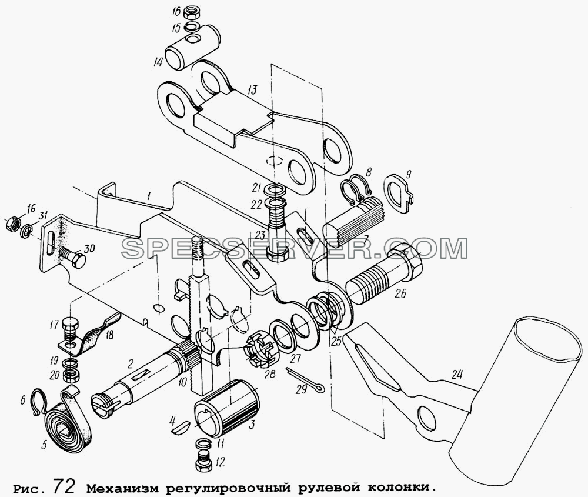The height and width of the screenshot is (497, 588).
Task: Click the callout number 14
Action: tap(158, 62)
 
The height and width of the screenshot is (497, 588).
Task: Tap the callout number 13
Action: tap(252, 89)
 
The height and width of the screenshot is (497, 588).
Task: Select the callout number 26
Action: tap(399, 293)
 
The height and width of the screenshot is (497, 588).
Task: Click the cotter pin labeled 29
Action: tap(305, 381)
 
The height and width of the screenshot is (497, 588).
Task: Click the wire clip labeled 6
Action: tap(38, 401)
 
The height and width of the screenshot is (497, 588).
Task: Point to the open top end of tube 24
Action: tap(548, 338)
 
